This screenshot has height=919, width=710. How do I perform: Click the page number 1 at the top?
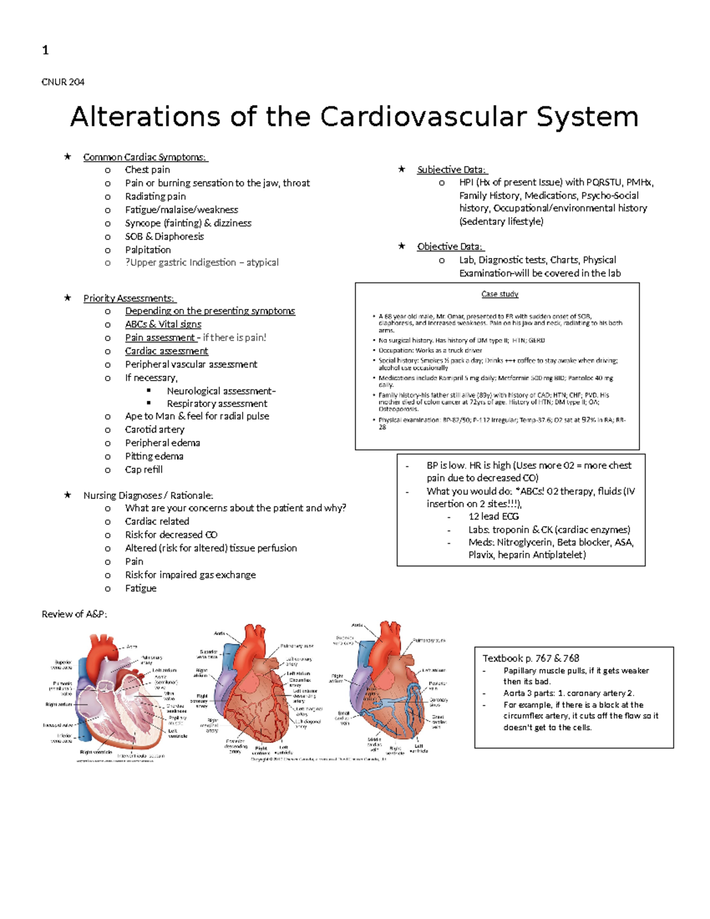[45, 50]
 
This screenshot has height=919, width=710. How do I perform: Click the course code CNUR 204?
[63, 82]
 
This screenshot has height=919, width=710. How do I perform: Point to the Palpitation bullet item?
[148, 250]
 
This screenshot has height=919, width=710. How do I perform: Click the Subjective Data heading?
[451, 170]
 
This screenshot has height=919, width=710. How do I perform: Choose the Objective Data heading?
[450, 247]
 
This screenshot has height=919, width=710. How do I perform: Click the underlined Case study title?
[499, 294]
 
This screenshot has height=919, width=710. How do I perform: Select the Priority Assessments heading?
[129, 298]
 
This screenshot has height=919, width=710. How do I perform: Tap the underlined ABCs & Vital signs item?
[163, 324]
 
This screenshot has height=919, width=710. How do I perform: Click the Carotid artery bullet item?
[154, 430]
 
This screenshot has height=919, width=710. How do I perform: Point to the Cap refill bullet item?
[144, 470]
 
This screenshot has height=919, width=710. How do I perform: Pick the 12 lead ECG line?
[493, 517]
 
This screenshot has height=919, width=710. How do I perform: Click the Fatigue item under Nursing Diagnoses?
[141, 588]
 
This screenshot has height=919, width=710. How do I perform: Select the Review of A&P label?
[75, 614]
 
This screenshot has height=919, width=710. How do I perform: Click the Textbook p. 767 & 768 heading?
[531, 658]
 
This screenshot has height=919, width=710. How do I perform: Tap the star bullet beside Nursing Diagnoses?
[67, 495]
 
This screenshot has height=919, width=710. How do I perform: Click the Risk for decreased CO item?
[171, 535]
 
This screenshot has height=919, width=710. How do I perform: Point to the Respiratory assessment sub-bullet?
[217, 404]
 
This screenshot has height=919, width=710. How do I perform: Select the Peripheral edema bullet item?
[162, 443]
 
